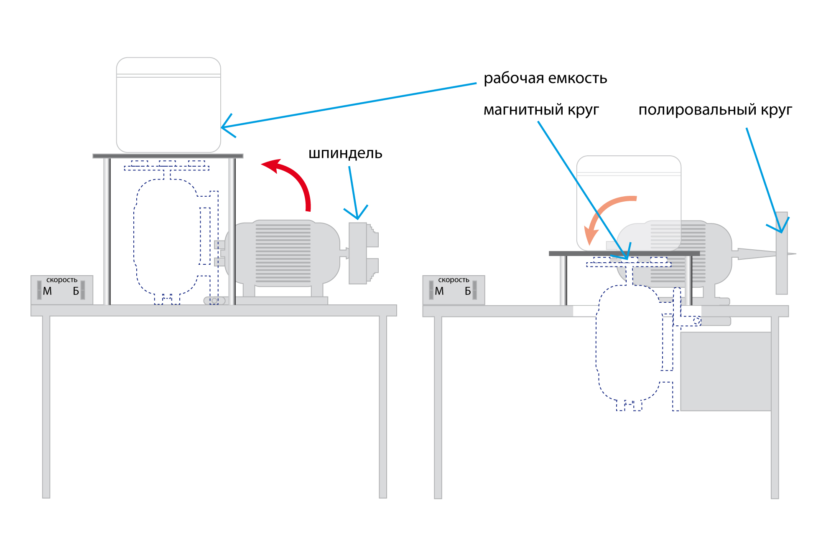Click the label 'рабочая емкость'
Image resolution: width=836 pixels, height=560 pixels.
(545, 79)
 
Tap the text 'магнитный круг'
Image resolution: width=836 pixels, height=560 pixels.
(541, 110)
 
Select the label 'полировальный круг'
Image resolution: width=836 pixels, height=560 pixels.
(715, 110)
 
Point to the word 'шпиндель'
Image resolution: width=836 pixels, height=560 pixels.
(345, 153)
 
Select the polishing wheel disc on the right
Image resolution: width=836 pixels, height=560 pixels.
(782, 253)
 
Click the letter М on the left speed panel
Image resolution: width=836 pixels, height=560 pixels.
(47, 291)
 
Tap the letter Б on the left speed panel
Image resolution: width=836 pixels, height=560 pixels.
(76, 291)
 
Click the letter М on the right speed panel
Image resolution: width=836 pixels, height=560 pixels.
(439, 291)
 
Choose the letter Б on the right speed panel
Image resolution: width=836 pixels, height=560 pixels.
(468, 291)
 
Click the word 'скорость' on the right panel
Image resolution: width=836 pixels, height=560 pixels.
(454, 280)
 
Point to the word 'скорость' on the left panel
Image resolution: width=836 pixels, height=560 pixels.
(62, 280)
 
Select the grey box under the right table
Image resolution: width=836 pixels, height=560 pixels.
(726, 371)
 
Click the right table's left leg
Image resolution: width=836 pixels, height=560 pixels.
(438, 407)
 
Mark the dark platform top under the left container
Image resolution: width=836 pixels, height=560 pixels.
(168, 156)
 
